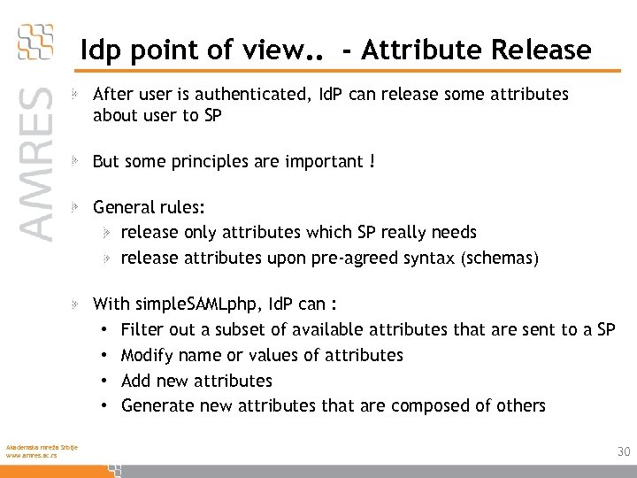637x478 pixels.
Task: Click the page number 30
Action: tap(624, 451)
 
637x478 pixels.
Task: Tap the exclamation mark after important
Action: tap(372, 162)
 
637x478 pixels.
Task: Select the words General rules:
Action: tap(149, 207)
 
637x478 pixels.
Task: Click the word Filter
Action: tap(142, 330)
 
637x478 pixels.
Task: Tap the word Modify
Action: tap(146, 356)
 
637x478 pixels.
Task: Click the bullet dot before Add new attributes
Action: tap(104, 382)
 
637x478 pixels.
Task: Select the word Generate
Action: tap(157, 406)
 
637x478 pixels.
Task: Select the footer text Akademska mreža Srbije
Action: tap(41, 446)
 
